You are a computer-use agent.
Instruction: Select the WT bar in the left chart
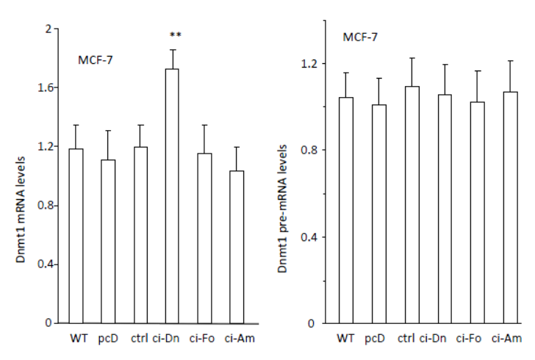tap(76, 236)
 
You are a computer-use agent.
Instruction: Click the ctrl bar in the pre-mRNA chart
tap(412, 205)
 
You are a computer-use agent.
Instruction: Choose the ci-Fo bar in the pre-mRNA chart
tap(477, 212)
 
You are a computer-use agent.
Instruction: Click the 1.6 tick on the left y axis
tap(51, 87)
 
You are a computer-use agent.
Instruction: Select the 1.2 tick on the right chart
tap(315, 64)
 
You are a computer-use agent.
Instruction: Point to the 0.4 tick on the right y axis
tap(315, 237)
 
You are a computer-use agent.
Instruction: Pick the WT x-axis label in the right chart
tap(345, 339)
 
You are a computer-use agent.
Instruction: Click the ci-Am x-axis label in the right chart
tap(508, 339)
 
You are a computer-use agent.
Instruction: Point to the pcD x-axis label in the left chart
tap(108, 339)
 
